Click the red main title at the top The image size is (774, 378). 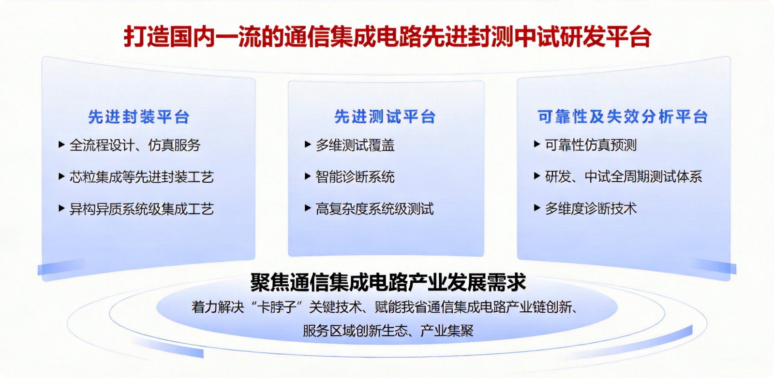pyautogui.click(x=387, y=37)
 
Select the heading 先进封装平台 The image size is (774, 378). pyautogui.click(x=139, y=116)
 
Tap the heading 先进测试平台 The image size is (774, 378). pyautogui.click(x=385, y=116)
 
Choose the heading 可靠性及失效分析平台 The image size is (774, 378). pyautogui.click(x=623, y=116)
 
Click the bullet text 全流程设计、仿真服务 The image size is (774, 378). pyautogui.click(x=135, y=145)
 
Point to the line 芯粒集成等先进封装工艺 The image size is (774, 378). pyautogui.click(x=142, y=177)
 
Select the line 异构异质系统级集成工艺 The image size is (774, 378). pyautogui.click(x=142, y=208)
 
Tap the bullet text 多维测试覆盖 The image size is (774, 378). pyautogui.click(x=355, y=145)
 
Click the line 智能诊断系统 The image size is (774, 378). pyautogui.click(x=355, y=177)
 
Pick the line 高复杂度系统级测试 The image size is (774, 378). pyautogui.click(x=374, y=208)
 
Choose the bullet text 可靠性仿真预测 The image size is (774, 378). pyautogui.click(x=591, y=145)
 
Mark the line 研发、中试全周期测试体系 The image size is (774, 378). pyautogui.click(x=624, y=176)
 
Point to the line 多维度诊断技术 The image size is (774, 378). pyautogui.click(x=591, y=208)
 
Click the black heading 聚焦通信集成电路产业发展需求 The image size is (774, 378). pyautogui.click(x=387, y=282)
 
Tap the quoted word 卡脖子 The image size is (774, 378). pyautogui.click(x=277, y=307)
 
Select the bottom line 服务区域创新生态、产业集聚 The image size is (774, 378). pyautogui.click(x=387, y=331)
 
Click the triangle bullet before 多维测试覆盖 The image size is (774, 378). pyautogui.click(x=308, y=145)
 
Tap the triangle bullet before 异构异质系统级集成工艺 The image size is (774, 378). pyautogui.click(x=61, y=208)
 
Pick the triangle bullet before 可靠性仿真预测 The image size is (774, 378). pyautogui.click(x=537, y=144)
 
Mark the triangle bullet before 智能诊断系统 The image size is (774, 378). pyautogui.click(x=308, y=176)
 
